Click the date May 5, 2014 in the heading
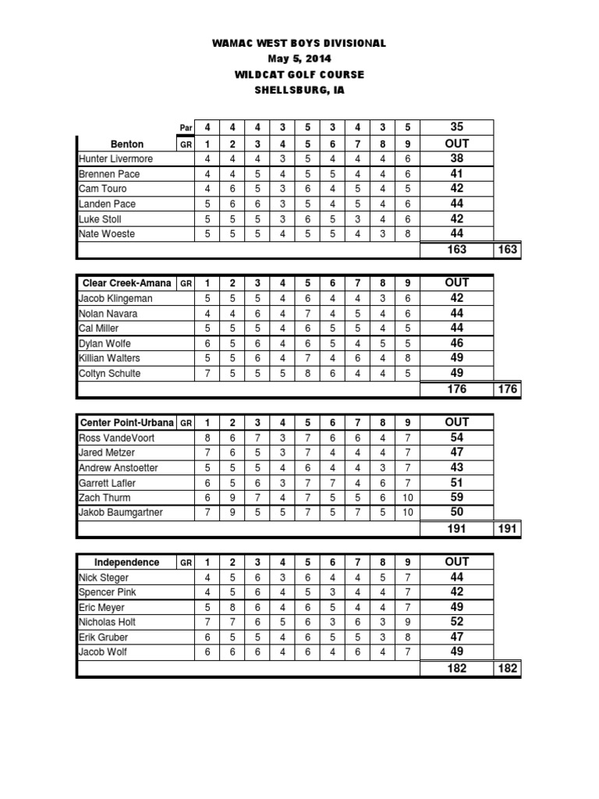[299, 59]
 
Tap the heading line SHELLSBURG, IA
[299, 90]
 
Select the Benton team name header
[128, 144]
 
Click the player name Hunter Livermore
[116, 159]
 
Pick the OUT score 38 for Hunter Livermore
[457, 158]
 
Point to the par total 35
[457, 128]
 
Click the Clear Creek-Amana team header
[127, 283]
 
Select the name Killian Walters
[110, 358]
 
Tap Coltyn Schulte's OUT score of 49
[457, 373]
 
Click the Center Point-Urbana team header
[127, 423]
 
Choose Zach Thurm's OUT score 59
[457, 497]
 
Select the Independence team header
[127, 563]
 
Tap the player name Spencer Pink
[108, 593]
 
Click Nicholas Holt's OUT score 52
[457, 622]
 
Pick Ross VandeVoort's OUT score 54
[457, 437]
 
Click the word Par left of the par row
[186, 129]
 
